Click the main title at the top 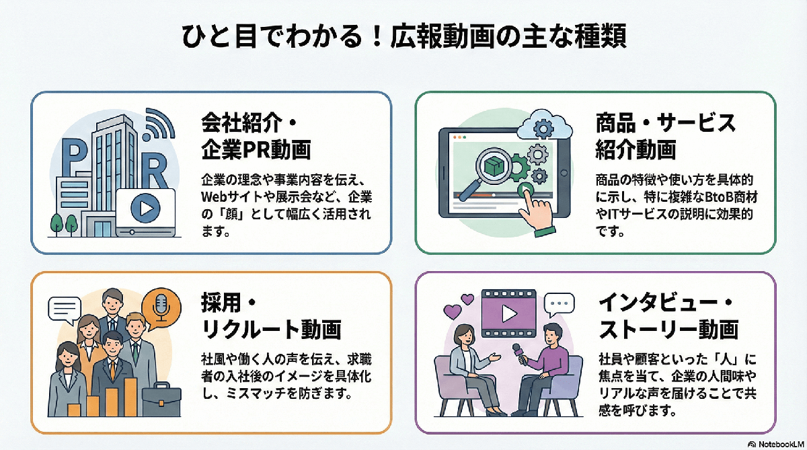coord(403,36)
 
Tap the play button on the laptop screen coord(145,208)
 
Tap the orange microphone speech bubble coord(161,308)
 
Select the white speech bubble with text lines coord(65,310)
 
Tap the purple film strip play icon coord(508,312)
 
